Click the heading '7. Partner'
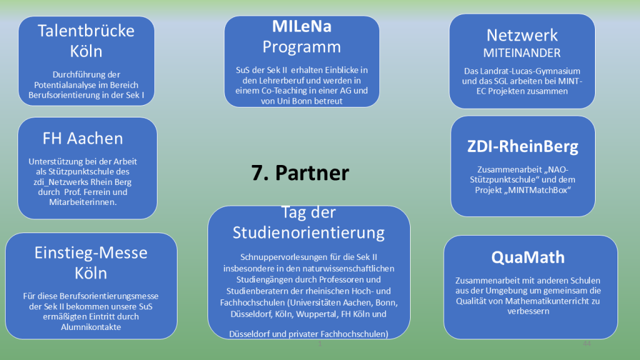300,172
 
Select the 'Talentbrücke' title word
86,31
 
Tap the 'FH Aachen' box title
82,138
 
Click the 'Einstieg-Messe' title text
91,253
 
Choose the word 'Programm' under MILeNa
301,47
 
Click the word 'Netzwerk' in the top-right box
522,35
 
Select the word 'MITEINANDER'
522,53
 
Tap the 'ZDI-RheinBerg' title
522,147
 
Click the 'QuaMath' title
527,257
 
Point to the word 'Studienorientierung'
309,232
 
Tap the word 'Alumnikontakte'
91,326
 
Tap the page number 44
586,344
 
